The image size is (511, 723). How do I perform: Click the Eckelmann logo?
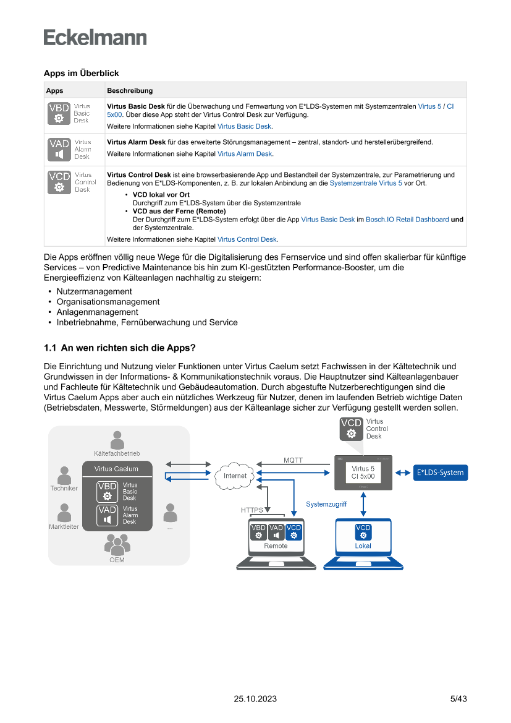(95, 37)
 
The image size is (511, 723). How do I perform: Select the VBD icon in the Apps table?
(59, 114)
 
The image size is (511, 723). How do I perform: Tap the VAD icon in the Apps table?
(59, 149)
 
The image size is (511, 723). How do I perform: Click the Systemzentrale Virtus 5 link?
(366, 184)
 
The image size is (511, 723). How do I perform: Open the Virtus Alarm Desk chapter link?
(245, 154)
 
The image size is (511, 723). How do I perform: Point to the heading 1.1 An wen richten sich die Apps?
(120, 348)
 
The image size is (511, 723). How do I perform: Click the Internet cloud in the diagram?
(235, 476)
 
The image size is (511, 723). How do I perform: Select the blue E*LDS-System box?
(440, 473)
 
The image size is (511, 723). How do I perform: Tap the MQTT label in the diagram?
(293, 460)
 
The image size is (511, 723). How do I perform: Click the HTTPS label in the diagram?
(251, 510)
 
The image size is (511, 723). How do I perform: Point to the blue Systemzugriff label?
(326, 504)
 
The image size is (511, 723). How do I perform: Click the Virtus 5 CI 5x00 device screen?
(363, 473)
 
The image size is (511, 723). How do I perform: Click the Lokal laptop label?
(363, 546)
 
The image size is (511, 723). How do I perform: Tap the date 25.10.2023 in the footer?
(255, 699)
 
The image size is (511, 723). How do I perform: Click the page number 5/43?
(458, 699)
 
